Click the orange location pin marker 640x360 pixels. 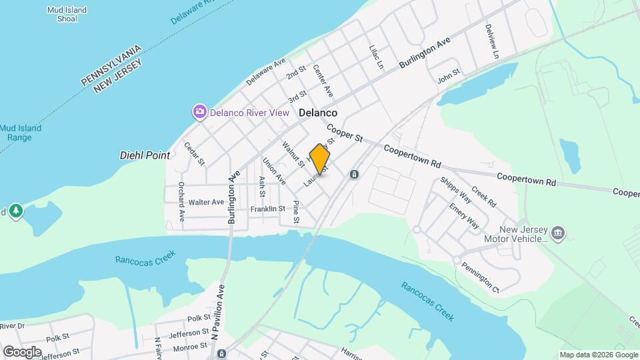pos(320,160)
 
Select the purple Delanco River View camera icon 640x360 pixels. pos(199,112)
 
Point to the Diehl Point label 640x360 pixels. pos(145,155)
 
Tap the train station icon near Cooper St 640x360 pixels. pos(354,175)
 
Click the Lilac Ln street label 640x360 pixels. pos(377,57)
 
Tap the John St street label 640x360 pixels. pos(449,77)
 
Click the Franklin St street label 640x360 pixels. pos(267,209)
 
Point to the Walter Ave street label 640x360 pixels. pos(206,202)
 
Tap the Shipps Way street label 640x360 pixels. pos(456,189)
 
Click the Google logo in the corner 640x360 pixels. pos(21,351)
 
